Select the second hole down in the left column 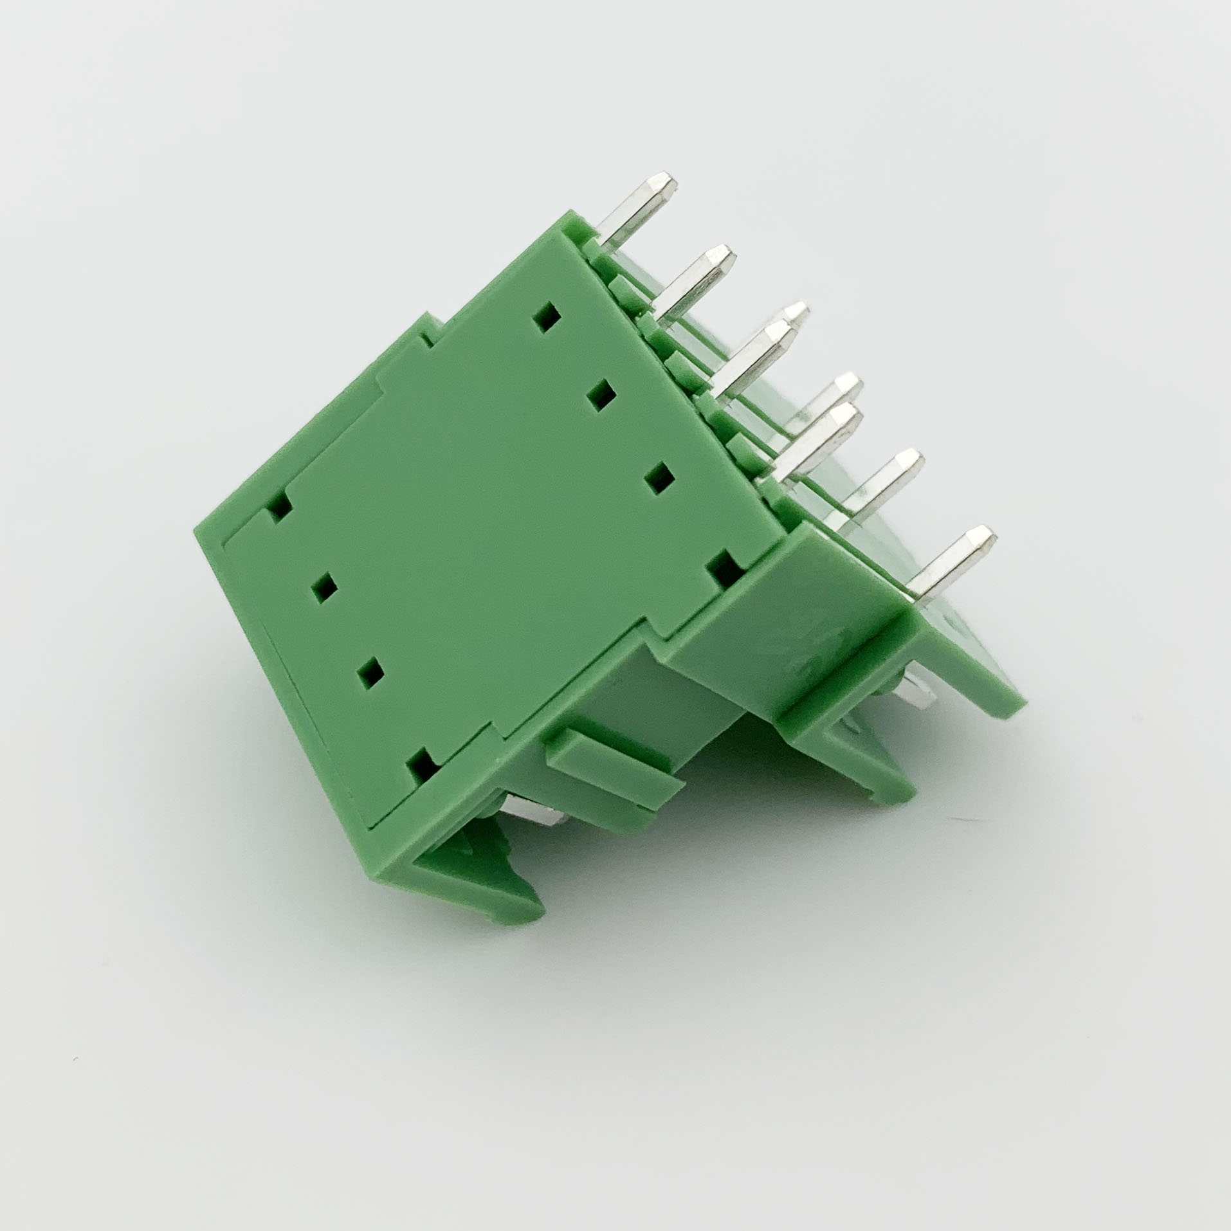[x=324, y=588]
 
